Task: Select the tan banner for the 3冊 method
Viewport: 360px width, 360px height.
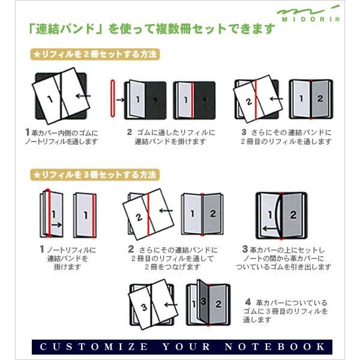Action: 95,175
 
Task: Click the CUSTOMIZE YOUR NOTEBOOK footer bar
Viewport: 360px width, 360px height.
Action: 179,346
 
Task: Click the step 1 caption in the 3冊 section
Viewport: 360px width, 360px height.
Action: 67,254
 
